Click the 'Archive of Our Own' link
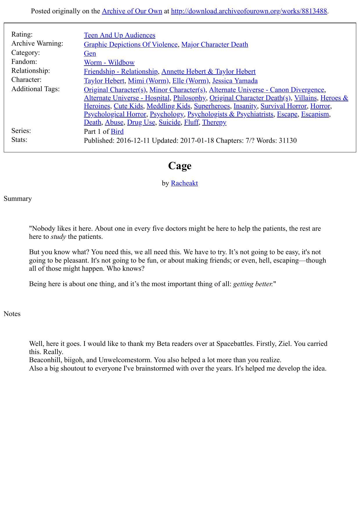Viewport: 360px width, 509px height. click(x=132, y=11)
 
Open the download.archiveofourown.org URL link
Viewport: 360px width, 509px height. click(x=249, y=11)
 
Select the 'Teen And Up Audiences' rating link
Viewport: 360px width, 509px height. click(x=119, y=35)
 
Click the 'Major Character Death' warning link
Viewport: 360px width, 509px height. click(x=215, y=45)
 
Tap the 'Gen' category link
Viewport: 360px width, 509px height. click(x=90, y=54)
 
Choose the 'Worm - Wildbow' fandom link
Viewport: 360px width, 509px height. click(x=109, y=63)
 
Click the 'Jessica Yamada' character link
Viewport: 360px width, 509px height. click(x=235, y=81)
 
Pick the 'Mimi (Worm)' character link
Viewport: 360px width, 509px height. click(x=148, y=81)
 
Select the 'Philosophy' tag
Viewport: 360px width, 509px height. click(x=189, y=98)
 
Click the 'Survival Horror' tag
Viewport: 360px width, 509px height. click(x=283, y=106)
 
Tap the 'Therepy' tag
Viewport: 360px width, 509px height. click(x=214, y=122)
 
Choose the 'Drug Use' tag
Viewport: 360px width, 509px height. click(x=141, y=122)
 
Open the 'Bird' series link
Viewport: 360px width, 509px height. click(x=117, y=132)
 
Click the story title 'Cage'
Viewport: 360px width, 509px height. click(x=180, y=166)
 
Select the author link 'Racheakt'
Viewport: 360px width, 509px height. click(x=184, y=183)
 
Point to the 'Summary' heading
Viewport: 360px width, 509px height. click(x=18, y=199)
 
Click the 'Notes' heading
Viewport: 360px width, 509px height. click(x=12, y=314)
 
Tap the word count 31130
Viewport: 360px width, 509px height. click(x=287, y=141)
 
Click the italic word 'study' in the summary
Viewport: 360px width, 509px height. click(x=58, y=237)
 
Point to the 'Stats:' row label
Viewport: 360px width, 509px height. click(x=19, y=140)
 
